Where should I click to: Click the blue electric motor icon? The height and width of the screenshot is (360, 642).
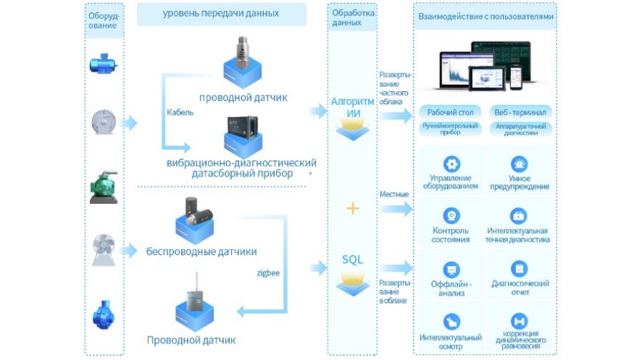pos(104,65)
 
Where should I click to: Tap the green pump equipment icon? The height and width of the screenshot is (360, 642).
pos(104,187)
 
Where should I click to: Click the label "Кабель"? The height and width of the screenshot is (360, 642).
pos(180,112)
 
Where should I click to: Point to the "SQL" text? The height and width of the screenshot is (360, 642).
pos(352,259)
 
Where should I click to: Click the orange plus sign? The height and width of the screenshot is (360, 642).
pos(352,208)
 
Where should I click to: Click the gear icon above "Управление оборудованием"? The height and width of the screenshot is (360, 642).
pos(450,163)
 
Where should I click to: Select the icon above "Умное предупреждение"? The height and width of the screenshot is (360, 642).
pos(519,163)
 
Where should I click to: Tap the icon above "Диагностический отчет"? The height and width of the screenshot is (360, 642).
pos(519,269)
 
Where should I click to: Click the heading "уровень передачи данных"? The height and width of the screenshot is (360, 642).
pos(220,14)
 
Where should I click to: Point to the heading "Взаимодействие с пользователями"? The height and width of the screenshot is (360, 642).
pos(484,16)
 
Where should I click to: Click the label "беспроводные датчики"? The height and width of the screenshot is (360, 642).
pos(201,252)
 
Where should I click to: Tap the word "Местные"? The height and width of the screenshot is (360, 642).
pos(394,195)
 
